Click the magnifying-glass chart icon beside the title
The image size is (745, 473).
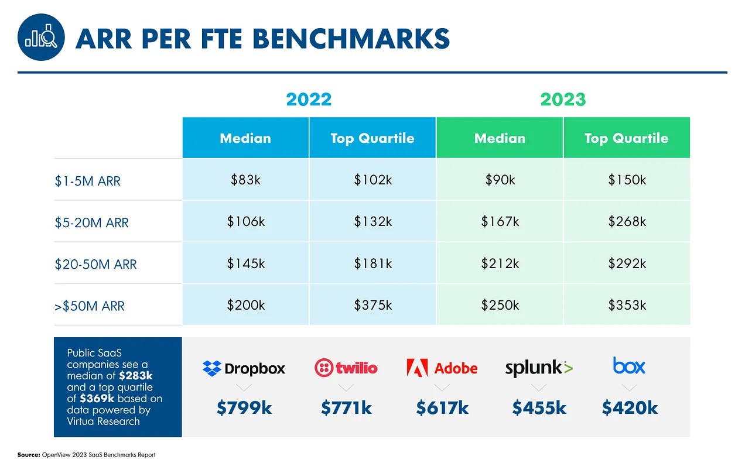click(x=41, y=37)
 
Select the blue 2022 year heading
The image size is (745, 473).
click(x=309, y=99)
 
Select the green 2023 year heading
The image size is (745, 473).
click(x=563, y=99)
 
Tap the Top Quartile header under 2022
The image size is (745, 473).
click(x=372, y=138)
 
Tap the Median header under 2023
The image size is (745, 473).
click(x=500, y=138)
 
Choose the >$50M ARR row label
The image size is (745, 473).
click(x=90, y=306)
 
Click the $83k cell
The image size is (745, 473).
click(x=245, y=180)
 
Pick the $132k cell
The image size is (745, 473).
click(x=372, y=221)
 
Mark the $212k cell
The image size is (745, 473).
click(x=500, y=263)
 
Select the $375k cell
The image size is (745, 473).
click(x=372, y=305)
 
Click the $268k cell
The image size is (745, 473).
click(x=627, y=221)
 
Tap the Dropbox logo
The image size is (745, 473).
click(x=244, y=368)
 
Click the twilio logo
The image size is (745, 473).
click(x=346, y=368)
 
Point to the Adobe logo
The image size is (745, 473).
click(x=442, y=368)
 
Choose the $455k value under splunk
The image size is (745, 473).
click(x=539, y=408)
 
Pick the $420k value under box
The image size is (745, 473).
click(x=630, y=408)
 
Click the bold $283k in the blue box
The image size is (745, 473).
click(x=135, y=376)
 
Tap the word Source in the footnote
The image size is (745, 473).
click(x=28, y=455)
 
